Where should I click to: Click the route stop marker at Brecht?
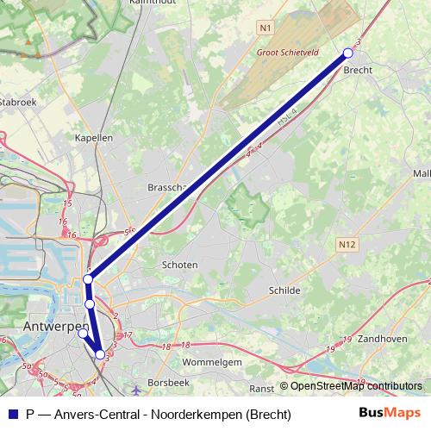pyautogui.click(x=348, y=53)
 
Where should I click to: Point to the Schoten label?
pyautogui.click(x=180, y=265)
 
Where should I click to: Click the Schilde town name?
pyautogui.click(x=284, y=290)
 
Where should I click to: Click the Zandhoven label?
pyautogui.click(x=382, y=339)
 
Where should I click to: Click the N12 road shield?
pyautogui.click(x=347, y=245)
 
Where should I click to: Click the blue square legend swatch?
pyautogui.click(x=11, y=415)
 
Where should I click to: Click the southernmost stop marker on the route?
pyautogui.click(x=101, y=354)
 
